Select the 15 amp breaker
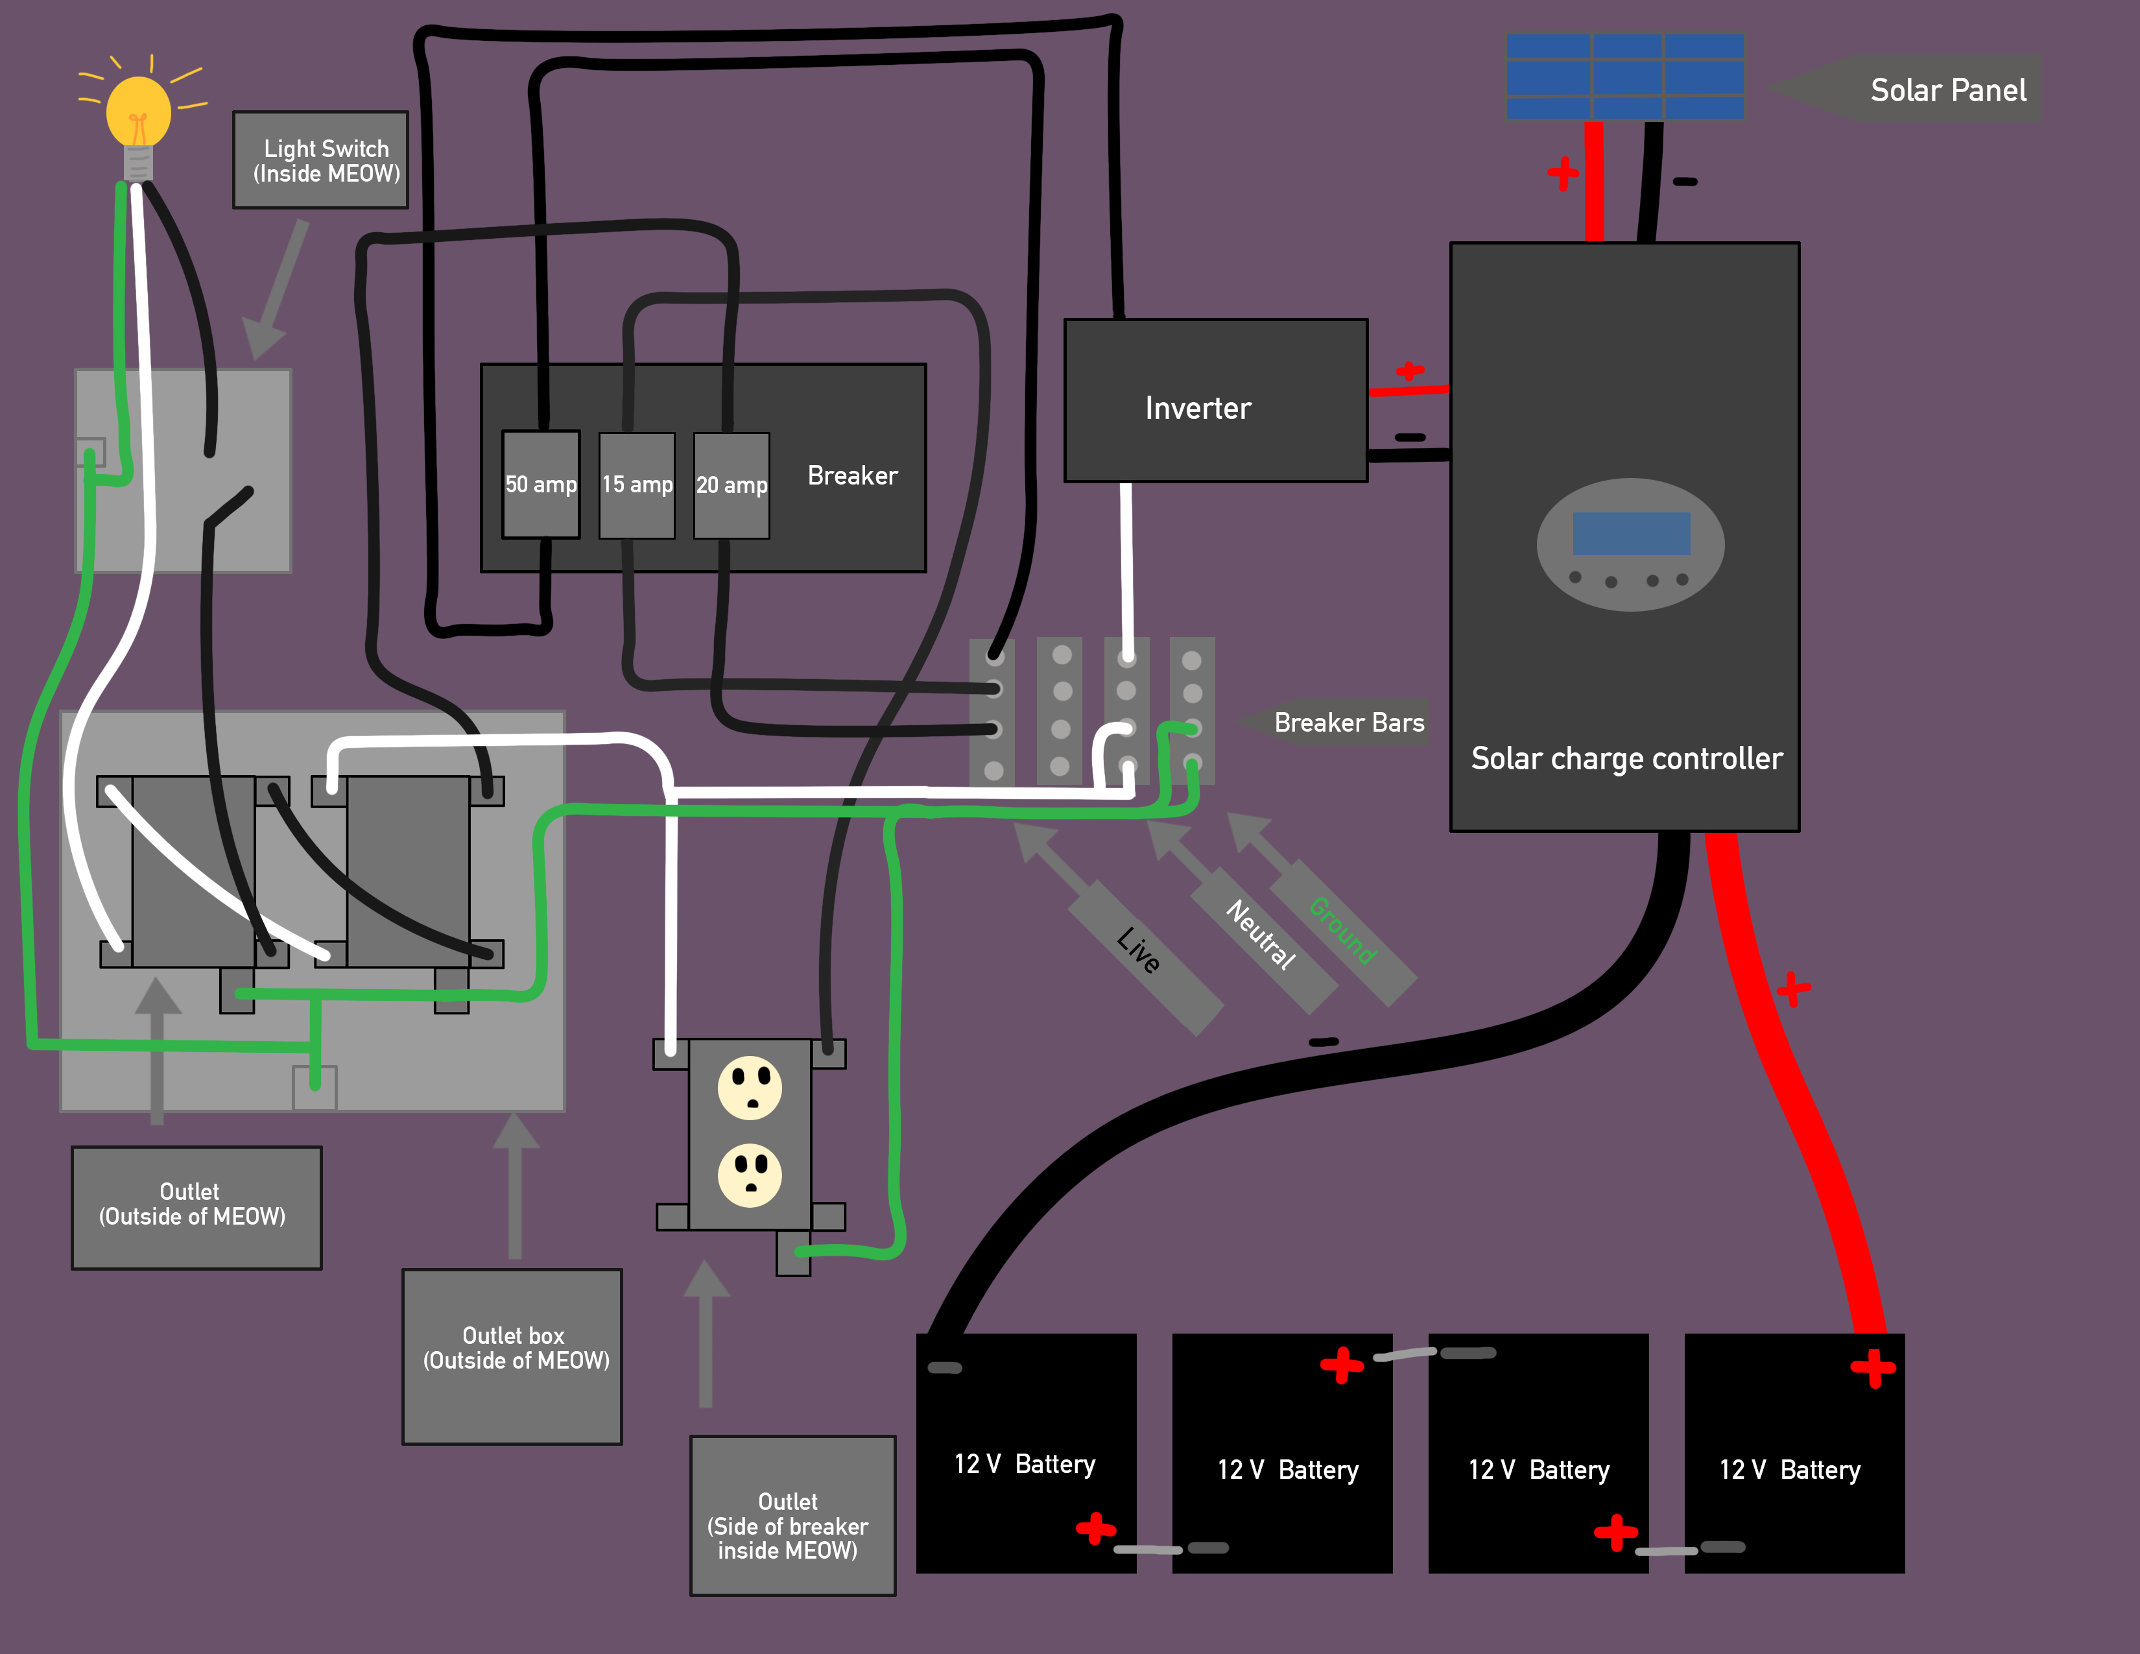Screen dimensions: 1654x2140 tap(637, 485)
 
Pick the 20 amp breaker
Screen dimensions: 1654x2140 tap(731, 485)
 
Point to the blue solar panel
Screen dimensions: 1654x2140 tap(1624, 77)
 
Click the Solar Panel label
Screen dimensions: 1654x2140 tap(1947, 90)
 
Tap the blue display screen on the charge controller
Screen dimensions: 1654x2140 tap(1632, 533)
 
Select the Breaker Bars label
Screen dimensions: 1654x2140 tap(1348, 723)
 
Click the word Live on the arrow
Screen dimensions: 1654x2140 tap(1139, 950)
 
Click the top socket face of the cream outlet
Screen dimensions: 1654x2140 tap(750, 1088)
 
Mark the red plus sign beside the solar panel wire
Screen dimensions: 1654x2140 tap(1563, 173)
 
